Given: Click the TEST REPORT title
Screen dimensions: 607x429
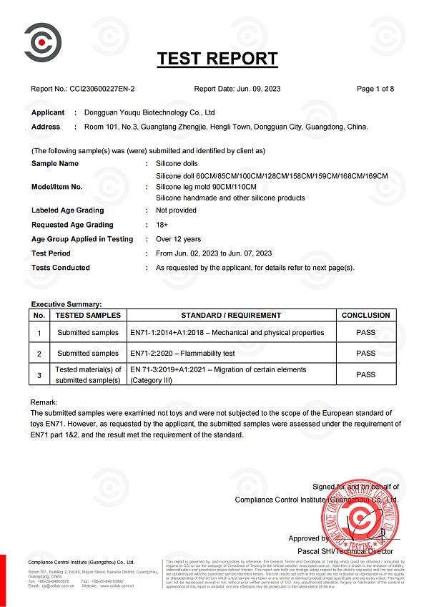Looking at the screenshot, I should click(217, 59).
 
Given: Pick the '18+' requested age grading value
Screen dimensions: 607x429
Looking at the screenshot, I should click(163, 225).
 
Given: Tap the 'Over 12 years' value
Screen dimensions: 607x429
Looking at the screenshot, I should click(179, 239).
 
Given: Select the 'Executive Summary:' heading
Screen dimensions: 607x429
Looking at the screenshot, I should click(66, 304).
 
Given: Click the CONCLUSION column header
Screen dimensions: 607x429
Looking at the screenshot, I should click(365, 315).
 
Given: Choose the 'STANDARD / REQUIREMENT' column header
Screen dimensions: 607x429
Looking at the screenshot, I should click(231, 315).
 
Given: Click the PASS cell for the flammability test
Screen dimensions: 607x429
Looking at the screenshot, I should click(365, 353).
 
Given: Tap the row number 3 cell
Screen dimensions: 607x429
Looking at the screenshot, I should click(39, 374).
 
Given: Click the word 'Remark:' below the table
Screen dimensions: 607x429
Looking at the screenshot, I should click(44, 402).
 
